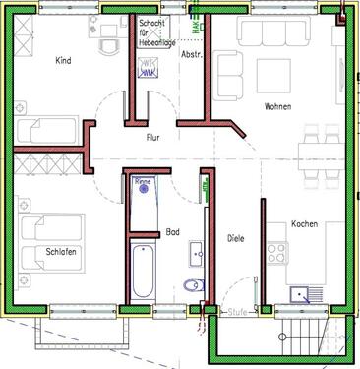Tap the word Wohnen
coord(276,106)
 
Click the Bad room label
coord(173,232)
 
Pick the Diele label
coord(235,238)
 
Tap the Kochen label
coord(305,225)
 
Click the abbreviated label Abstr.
coord(192,54)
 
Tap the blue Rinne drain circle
coord(144,189)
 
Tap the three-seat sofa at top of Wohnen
coord(267,33)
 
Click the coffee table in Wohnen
coord(271,75)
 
